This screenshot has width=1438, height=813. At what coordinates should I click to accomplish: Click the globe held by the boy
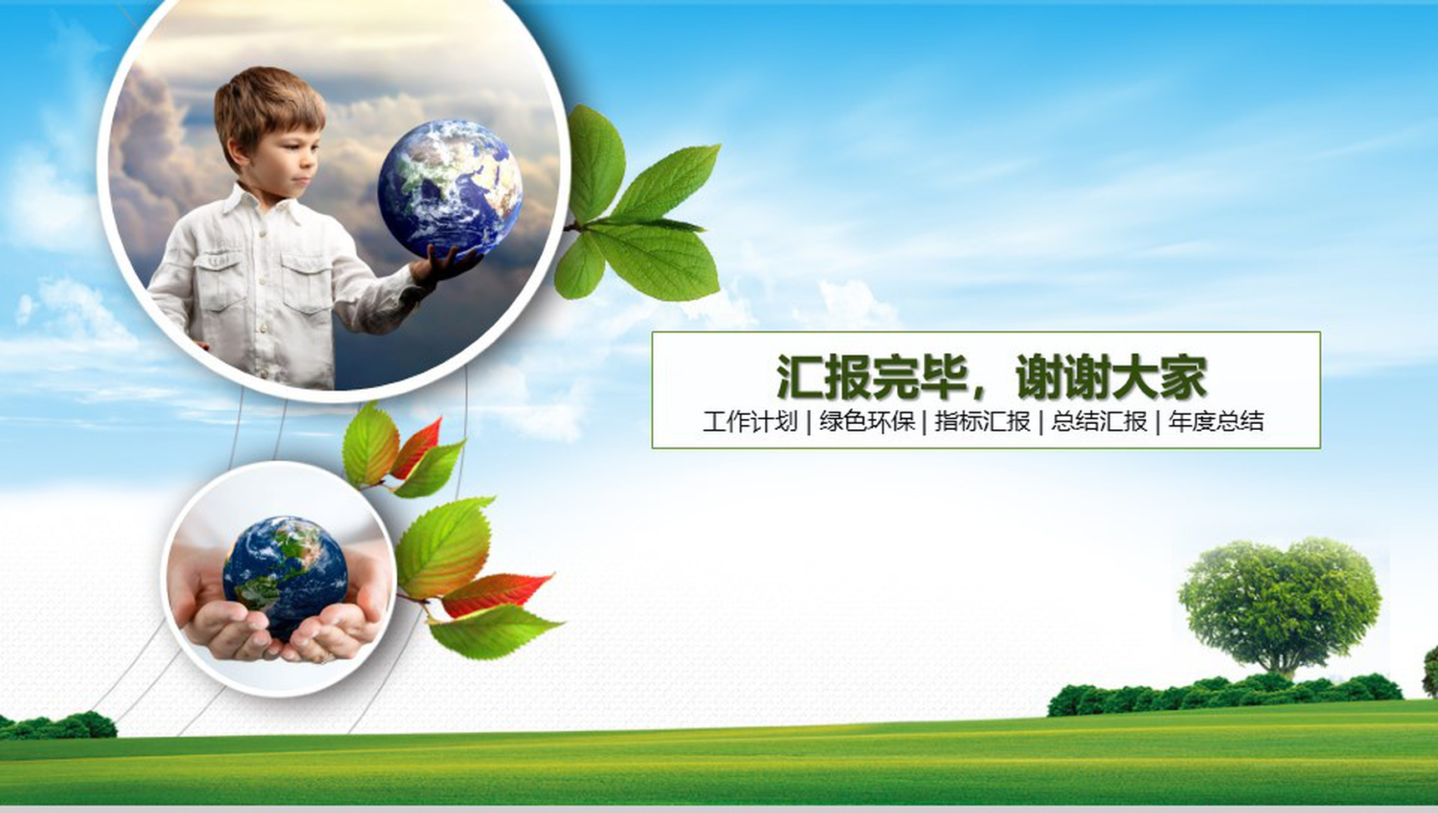[x=450, y=190]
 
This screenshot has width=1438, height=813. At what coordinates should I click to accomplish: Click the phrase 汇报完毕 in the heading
[x=872, y=377]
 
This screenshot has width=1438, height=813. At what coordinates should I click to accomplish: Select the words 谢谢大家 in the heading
[x=1111, y=377]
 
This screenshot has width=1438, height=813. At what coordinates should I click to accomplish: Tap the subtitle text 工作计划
[x=750, y=422]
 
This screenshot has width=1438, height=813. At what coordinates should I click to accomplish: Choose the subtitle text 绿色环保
[x=867, y=422]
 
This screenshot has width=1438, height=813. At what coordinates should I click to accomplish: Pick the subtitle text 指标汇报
[x=982, y=422]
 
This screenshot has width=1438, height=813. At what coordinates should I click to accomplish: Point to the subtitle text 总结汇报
[x=1099, y=422]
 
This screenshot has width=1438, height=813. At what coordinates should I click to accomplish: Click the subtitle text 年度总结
[x=1216, y=422]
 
